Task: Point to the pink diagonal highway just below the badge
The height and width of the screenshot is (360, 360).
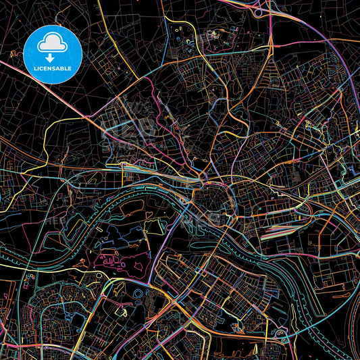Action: [74, 101]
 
